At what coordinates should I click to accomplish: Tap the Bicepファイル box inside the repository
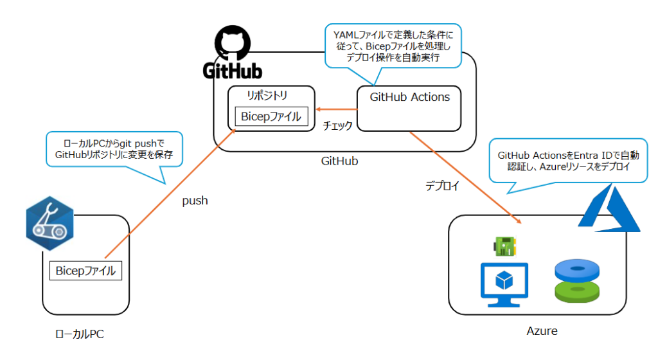[x=271, y=116]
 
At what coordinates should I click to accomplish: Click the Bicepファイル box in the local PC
[x=86, y=271]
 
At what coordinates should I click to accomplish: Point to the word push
[x=195, y=201]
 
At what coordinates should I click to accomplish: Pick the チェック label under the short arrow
[x=337, y=126]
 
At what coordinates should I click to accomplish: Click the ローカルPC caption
[x=78, y=334]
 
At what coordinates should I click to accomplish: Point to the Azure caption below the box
[x=542, y=331]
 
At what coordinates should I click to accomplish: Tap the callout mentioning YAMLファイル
[x=393, y=45]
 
